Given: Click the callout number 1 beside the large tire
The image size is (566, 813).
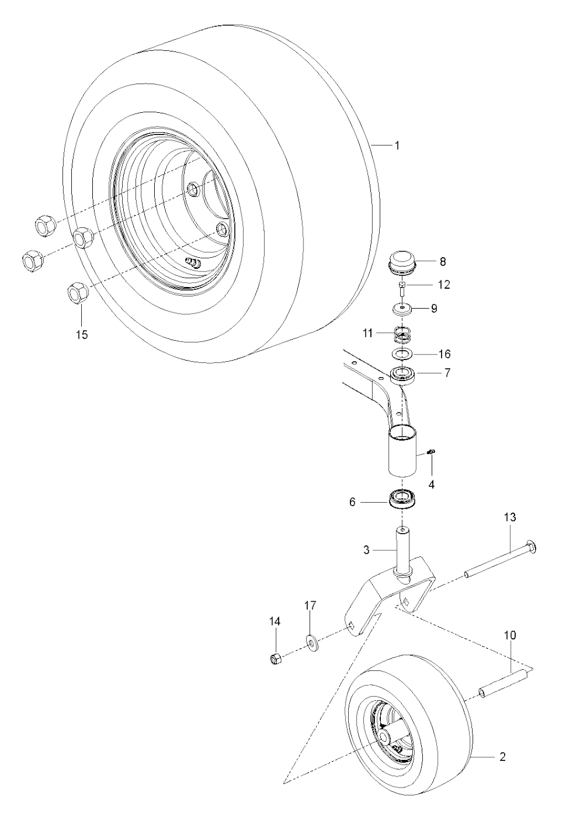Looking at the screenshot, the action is (x=397, y=146).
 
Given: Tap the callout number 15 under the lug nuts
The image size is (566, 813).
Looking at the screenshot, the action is (x=82, y=334).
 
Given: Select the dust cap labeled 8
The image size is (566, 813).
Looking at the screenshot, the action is (x=402, y=263).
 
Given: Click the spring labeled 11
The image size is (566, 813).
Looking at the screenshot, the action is (x=402, y=334).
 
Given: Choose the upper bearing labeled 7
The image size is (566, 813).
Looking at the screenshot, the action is (x=402, y=374).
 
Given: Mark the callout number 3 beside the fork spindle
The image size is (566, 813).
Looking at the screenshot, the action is (x=366, y=550).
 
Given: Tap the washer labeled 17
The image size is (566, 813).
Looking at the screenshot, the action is (x=312, y=643).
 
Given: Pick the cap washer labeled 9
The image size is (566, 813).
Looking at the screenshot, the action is (x=402, y=309).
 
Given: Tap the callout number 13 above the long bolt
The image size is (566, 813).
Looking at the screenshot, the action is (x=510, y=517).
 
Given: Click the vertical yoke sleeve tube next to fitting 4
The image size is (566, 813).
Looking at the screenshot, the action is (x=403, y=451).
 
